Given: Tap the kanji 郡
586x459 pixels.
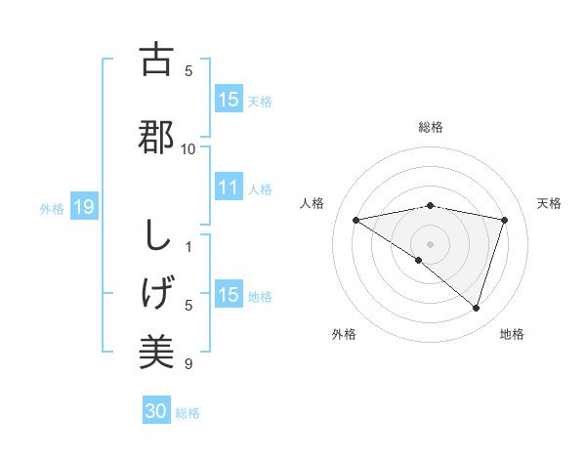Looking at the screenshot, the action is pyautogui.click(x=155, y=136).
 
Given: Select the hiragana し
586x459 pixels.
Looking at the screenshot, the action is pyautogui.click(x=155, y=236).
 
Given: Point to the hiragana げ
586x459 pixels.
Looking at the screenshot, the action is pyautogui.click(x=155, y=292).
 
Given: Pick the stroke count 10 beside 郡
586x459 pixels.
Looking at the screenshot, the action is pyautogui.click(x=188, y=148).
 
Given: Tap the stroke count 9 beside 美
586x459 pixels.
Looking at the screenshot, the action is pyautogui.click(x=188, y=364).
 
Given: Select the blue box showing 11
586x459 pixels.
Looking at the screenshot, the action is pyautogui.click(x=229, y=188).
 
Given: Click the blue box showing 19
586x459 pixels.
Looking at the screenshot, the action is pyautogui.click(x=83, y=207).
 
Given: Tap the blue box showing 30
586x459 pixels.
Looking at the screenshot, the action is pyautogui.click(x=156, y=412).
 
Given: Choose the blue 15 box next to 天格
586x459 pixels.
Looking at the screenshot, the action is pyautogui.click(x=229, y=100).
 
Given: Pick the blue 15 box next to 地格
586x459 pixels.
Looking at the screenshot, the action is pyautogui.click(x=229, y=295).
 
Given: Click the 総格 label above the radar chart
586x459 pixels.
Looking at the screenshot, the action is pyautogui.click(x=430, y=127).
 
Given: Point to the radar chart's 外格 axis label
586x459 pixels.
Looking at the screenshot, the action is pyautogui.click(x=344, y=334).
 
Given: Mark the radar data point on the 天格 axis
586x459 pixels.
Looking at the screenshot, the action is pyautogui.click(x=505, y=220).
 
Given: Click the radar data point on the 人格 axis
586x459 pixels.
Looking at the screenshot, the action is pyautogui.click(x=356, y=220).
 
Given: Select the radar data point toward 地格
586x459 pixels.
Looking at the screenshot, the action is pyautogui.click(x=477, y=308).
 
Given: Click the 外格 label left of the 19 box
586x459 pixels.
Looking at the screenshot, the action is pyautogui.click(x=52, y=208).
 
